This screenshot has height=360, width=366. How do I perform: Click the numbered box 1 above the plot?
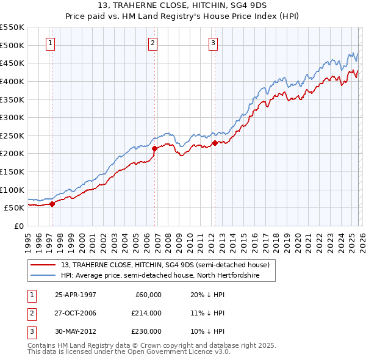point(50,43)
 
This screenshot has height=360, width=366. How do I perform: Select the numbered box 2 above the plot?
point(152,43)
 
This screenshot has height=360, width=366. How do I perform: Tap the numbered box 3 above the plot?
point(213,43)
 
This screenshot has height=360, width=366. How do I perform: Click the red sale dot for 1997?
point(52,204)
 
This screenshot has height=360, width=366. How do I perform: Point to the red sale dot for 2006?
point(154,148)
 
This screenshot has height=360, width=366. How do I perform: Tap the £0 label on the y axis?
point(18,226)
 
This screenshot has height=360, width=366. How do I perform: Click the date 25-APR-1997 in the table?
point(75,295)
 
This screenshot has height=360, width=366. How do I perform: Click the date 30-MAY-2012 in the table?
point(75,331)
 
